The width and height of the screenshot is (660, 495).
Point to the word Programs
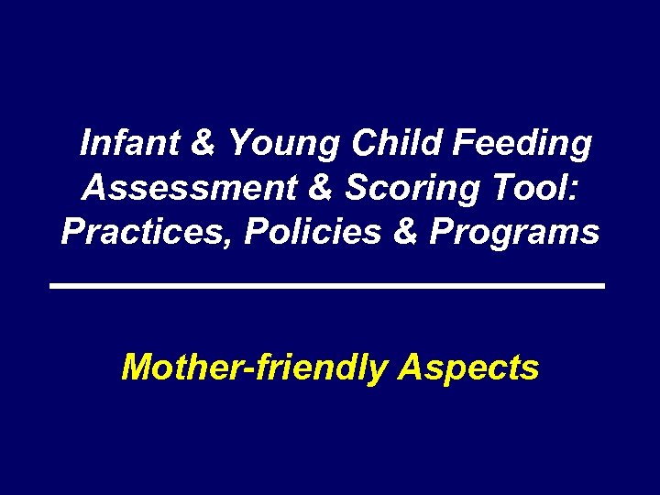(x=514, y=234)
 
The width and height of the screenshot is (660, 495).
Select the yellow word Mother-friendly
(x=254, y=368)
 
